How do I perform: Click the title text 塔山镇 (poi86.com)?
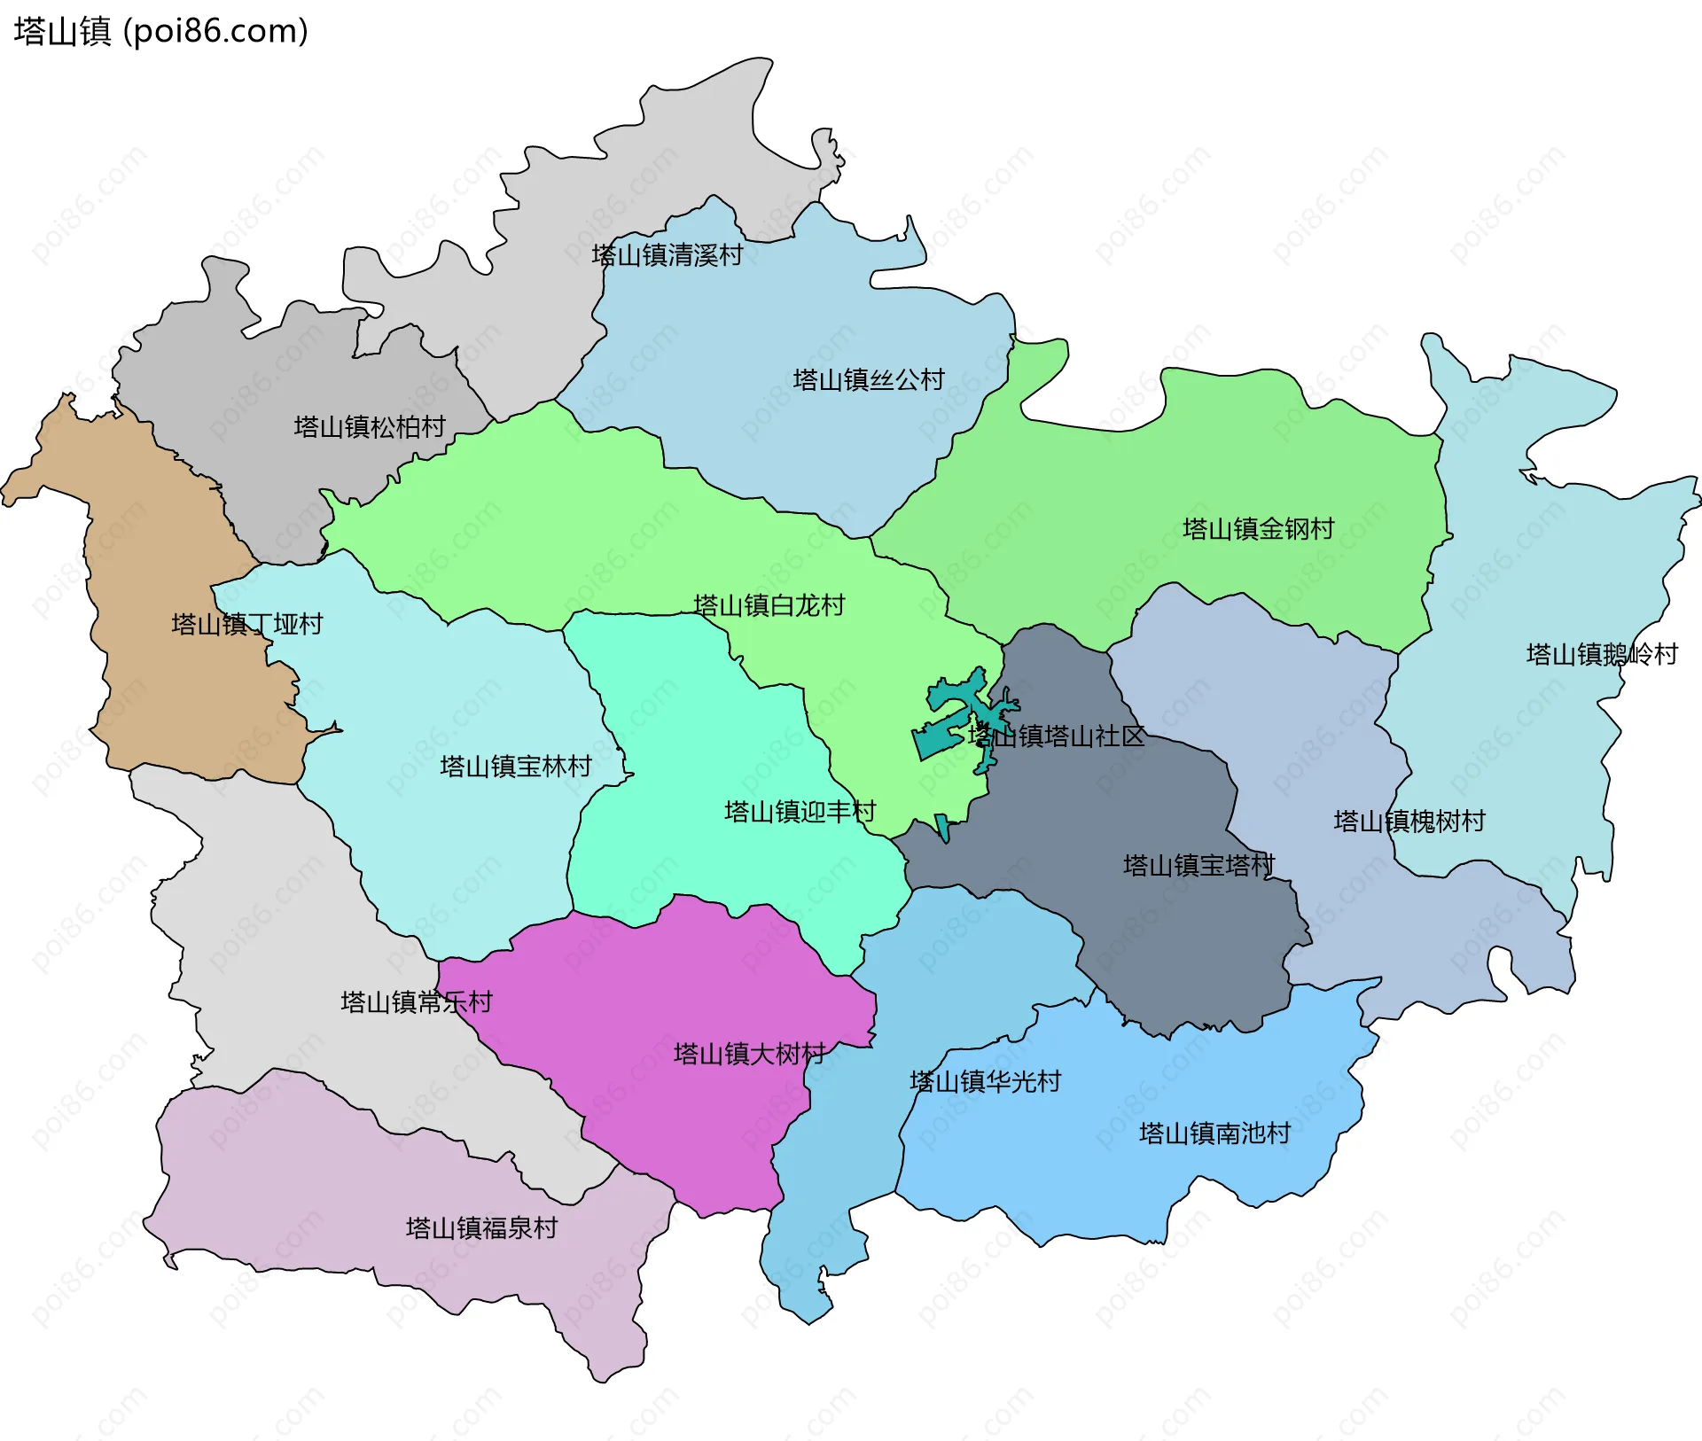pos(160,31)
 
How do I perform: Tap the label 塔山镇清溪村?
pos(667,255)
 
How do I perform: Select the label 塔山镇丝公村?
pos(869,380)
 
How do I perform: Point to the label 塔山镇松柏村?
pos(370,427)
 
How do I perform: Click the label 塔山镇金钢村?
pos(1258,529)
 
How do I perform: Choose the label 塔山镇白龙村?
pos(769,606)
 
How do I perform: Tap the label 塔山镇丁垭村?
pos(246,625)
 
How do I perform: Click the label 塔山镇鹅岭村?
pos(1601,655)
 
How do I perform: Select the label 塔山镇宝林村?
pos(515,767)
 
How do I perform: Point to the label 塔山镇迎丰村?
pos(800,812)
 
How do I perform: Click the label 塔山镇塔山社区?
pos(1056,736)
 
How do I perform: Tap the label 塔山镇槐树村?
pos(1409,822)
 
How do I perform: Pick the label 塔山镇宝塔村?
pos(1198,866)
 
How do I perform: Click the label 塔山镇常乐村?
pos(416,1002)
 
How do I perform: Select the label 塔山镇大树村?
pos(749,1054)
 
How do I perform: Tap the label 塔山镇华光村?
pos(985,1081)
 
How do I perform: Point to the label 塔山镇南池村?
pos(1214,1133)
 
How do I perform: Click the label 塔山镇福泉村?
pos(481,1228)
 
